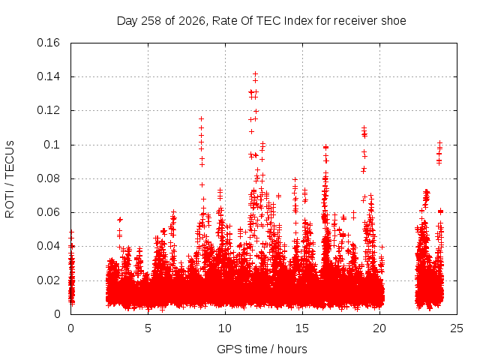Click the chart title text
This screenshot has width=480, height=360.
pyautogui.click(x=262, y=21)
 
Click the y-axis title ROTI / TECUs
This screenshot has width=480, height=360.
pyautogui.click(x=10, y=179)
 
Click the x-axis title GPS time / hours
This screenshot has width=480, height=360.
pyautogui.click(x=262, y=349)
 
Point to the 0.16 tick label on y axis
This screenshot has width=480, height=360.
pyautogui.click(x=48, y=43)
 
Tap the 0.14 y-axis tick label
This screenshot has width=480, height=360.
pyautogui.click(x=48, y=76)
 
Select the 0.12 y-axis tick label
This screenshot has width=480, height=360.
pyautogui.click(x=48, y=110)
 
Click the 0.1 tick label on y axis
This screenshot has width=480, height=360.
pyautogui.click(x=52, y=145)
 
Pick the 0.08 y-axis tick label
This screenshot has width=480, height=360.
pyautogui.click(x=48, y=178)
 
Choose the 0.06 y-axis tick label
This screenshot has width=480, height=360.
pyautogui.click(x=48, y=212)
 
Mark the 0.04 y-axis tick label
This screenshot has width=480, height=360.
pyautogui.click(x=48, y=246)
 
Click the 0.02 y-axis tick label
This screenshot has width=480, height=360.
pyautogui.click(x=48, y=280)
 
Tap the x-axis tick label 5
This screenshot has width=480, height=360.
pyautogui.click(x=148, y=328)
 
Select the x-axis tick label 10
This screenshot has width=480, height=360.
pyautogui.click(x=225, y=328)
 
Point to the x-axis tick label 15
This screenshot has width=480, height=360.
pyautogui.click(x=302, y=328)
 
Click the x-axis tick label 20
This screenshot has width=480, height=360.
pyautogui.click(x=379, y=328)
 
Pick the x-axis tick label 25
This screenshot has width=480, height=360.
pyautogui.click(x=457, y=328)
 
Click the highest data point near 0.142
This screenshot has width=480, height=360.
pyautogui.click(x=255, y=74)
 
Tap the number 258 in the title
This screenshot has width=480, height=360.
pyautogui.click(x=151, y=21)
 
